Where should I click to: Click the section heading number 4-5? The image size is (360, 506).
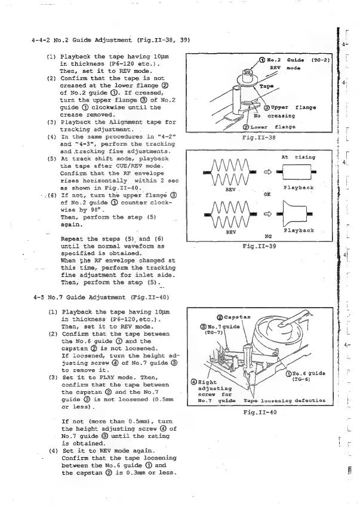coord(36,296)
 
